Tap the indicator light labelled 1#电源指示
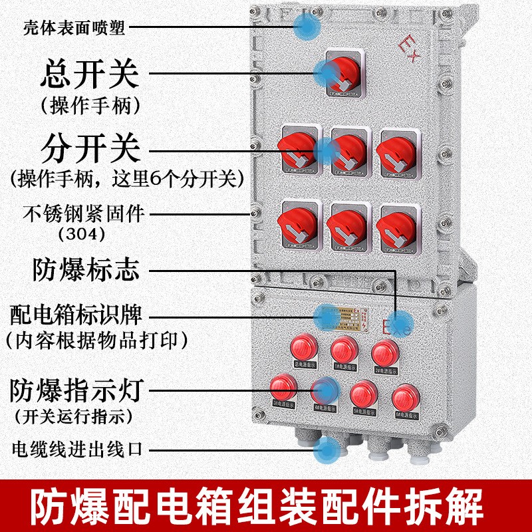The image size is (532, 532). [344, 348]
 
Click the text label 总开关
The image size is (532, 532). [90, 74]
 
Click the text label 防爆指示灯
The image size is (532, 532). [78, 390]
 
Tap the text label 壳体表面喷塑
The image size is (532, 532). [74, 27]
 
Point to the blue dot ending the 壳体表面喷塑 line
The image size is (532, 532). [307, 27]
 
